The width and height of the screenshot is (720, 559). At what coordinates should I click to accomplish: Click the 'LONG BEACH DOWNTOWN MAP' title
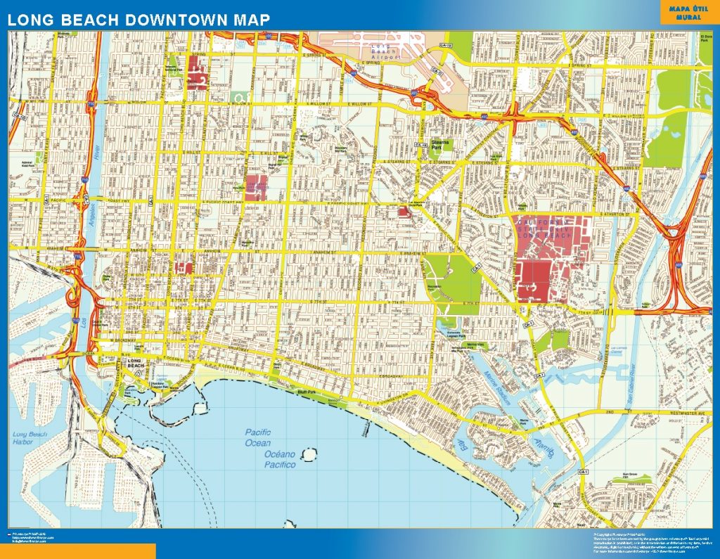pyautogui.click(x=139, y=20)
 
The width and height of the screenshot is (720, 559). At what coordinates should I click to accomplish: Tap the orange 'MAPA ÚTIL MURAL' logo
pyautogui.click(x=688, y=13)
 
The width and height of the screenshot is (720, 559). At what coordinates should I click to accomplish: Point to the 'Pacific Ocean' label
pyautogui.click(x=257, y=437)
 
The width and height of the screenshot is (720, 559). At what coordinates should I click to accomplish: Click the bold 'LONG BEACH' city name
pyautogui.click(x=134, y=364)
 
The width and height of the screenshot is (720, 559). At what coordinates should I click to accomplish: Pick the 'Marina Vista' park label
pyautogui.click(x=476, y=345)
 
